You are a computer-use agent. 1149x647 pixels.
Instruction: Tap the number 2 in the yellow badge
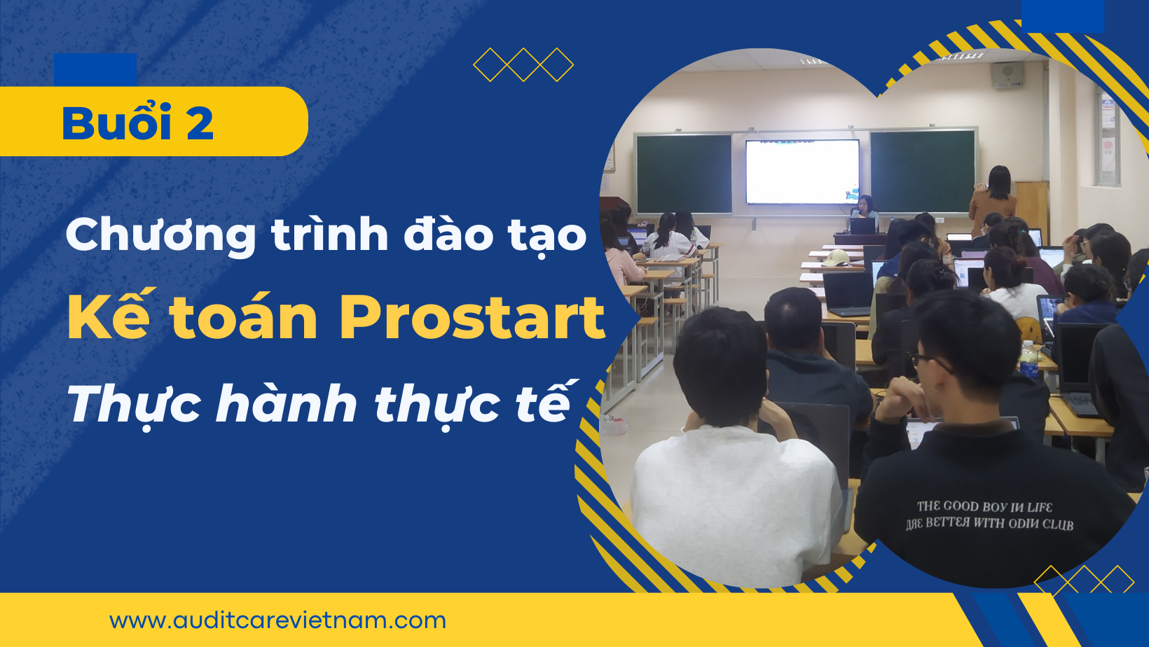(200, 123)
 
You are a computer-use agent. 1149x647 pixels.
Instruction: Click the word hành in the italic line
(287, 404)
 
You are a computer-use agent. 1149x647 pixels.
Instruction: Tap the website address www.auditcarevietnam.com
(277, 621)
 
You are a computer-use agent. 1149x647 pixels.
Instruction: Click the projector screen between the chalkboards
(802, 172)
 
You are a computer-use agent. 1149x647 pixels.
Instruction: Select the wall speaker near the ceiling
(1007, 76)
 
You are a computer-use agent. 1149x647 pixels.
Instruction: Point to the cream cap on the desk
(836, 258)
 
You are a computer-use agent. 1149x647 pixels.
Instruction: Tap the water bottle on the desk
(1028, 360)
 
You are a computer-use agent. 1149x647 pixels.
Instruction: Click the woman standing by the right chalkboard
(993, 200)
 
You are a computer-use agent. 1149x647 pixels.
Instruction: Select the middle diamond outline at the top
(523, 64)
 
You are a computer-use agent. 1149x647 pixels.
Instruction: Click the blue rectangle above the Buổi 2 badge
(95, 70)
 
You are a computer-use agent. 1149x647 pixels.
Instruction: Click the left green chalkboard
(684, 173)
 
